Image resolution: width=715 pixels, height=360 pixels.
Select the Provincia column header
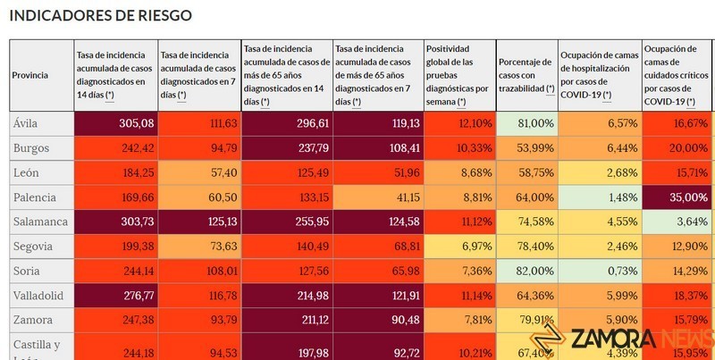tap(30, 76)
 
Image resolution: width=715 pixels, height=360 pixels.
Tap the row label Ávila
tap(26, 122)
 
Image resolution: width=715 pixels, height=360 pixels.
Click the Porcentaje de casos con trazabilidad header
tap(526, 75)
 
